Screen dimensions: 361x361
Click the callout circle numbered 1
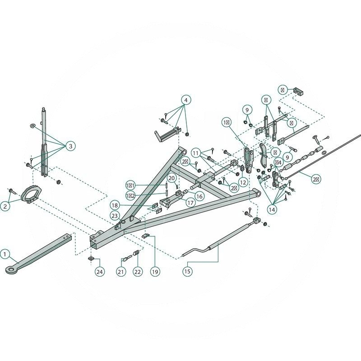click(x=5, y=254)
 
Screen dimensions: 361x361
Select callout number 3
click(x=70, y=146)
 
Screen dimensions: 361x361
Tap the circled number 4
click(x=187, y=99)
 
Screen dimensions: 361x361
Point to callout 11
click(x=195, y=153)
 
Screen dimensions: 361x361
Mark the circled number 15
click(x=187, y=271)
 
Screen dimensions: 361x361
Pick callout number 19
click(x=155, y=272)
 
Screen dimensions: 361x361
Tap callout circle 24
click(x=99, y=272)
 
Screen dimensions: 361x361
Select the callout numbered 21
click(x=120, y=272)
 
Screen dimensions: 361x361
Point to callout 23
click(x=115, y=216)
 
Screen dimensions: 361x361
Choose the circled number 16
click(x=199, y=196)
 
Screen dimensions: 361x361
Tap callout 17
click(x=190, y=203)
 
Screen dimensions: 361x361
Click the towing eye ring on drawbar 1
click(x=10, y=269)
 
